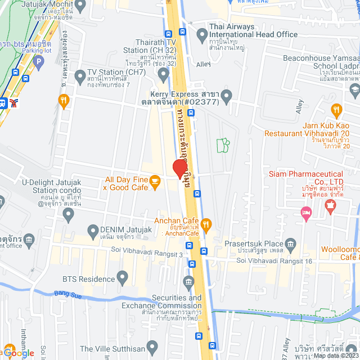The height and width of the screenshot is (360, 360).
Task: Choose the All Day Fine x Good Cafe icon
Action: click(x=156, y=180)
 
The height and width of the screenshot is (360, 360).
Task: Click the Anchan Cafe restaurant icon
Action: click(x=206, y=225)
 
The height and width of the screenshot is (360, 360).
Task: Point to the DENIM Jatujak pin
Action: click(x=93, y=230)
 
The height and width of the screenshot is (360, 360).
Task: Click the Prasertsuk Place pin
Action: click(x=290, y=244)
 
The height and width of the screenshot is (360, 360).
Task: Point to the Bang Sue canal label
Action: click(x=69, y=294)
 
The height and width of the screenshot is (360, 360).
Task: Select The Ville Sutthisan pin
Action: click(x=151, y=345)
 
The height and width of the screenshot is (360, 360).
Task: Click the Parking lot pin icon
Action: click(x=38, y=61)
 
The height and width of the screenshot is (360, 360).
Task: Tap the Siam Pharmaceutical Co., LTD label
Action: click(x=313, y=178)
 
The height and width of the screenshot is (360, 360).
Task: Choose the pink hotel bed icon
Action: click(x=306, y=212)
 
